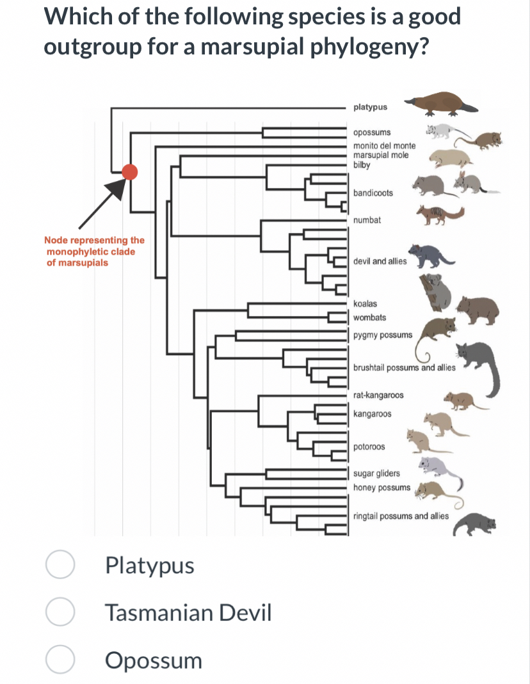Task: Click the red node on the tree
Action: click(130, 171)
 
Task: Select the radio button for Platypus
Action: click(60, 566)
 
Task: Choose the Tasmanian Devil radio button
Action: click(60, 613)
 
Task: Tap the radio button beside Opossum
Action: click(60, 660)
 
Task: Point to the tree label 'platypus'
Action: click(370, 107)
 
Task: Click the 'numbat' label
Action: click(367, 219)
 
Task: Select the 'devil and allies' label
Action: click(380, 262)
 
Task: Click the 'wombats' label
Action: click(369, 317)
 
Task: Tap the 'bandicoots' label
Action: click(373, 193)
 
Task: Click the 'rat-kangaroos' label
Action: click(378, 395)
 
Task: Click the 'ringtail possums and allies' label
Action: click(401, 516)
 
